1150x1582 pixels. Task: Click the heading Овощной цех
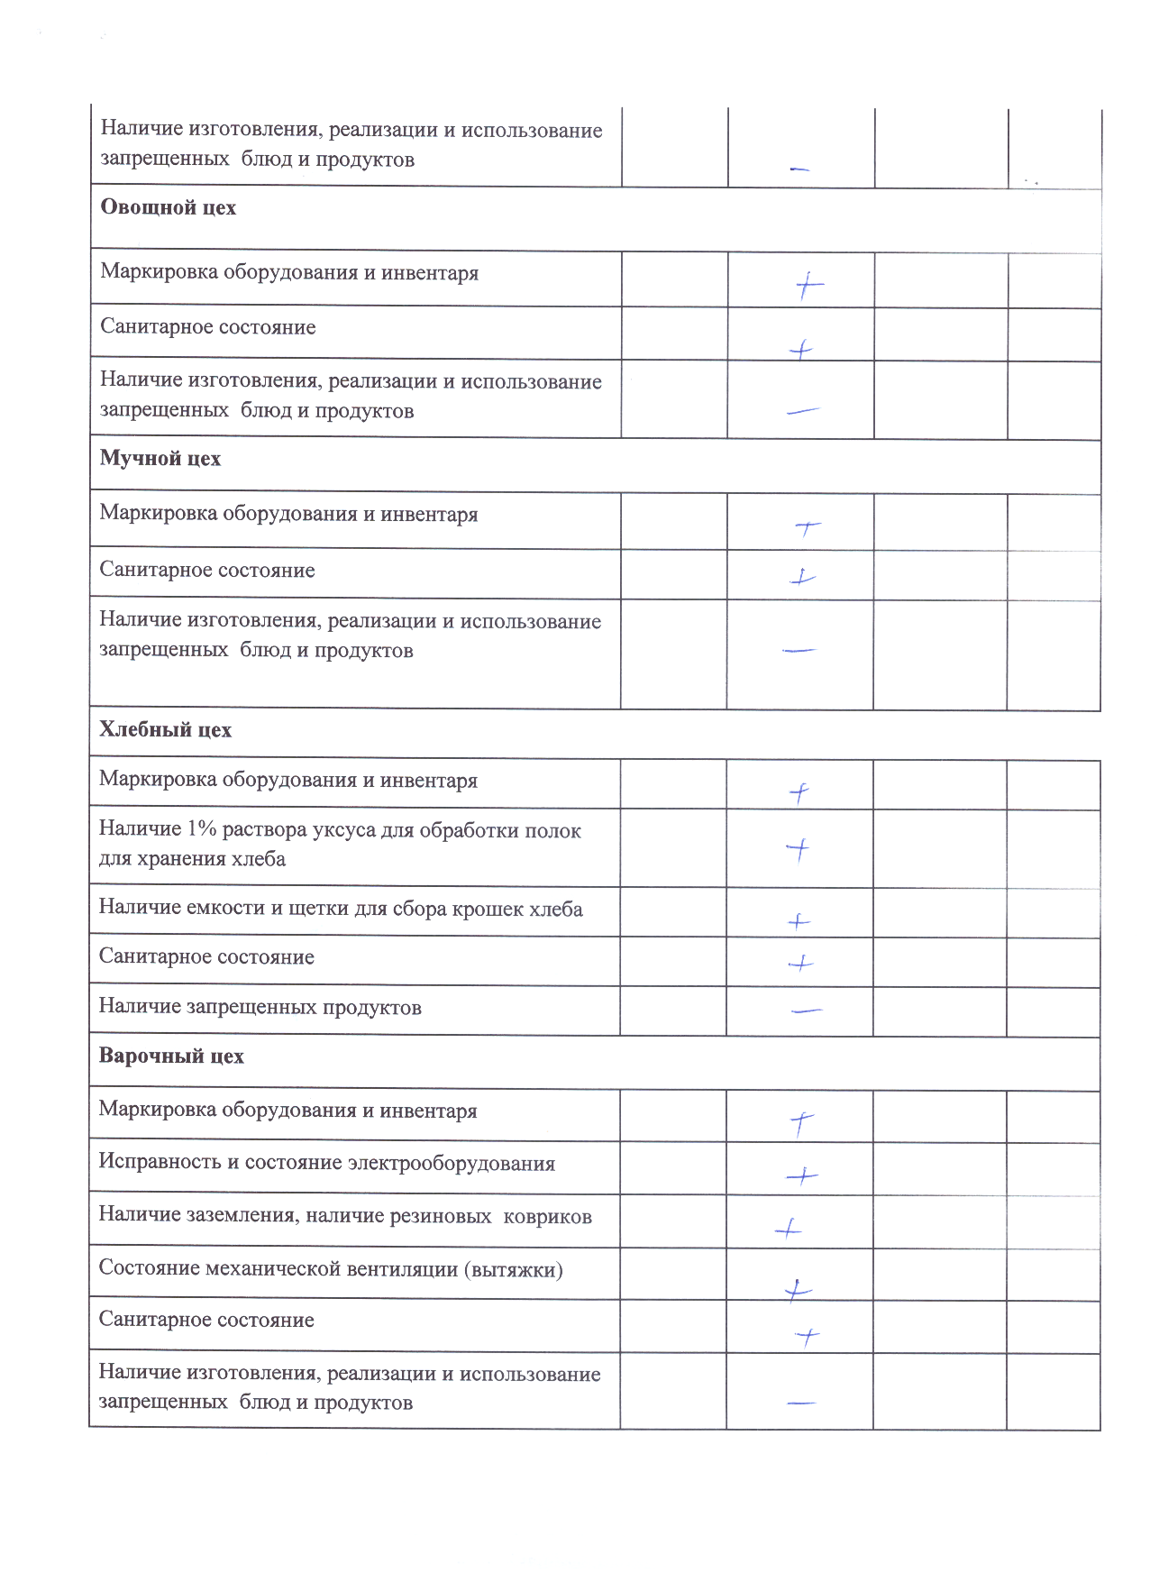[168, 208]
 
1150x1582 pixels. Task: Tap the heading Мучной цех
[160, 459]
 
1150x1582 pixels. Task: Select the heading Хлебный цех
[165, 730]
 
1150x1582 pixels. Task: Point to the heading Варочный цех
[171, 1056]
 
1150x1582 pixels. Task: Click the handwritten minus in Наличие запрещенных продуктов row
[806, 1011]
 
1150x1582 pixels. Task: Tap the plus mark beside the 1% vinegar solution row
[798, 848]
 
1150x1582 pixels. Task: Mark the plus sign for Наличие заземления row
[788, 1228]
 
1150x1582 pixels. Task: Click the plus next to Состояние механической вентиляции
[797, 1291]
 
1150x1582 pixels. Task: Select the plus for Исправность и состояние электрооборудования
[801, 1175]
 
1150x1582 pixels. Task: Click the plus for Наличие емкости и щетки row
[799, 921]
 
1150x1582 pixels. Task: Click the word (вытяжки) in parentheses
[513, 1270]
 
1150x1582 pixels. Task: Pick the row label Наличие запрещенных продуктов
[260, 1008]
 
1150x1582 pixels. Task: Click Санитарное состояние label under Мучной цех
[206, 571]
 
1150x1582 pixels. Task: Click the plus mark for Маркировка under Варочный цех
[801, 1122]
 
